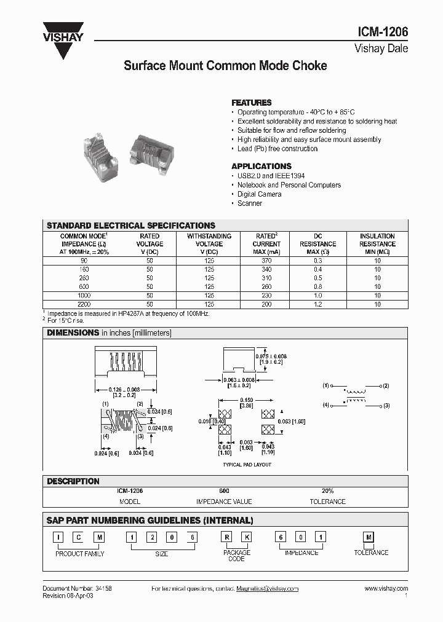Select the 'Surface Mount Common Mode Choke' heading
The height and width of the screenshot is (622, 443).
click(225, 65)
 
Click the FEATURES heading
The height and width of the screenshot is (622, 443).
click(251, 103)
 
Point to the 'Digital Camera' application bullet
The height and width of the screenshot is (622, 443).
click(259, 194)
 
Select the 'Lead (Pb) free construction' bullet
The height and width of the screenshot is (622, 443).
click(277, 149)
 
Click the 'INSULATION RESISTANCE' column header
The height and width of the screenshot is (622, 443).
click(377, 240)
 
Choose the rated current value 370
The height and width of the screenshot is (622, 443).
click(266, 261)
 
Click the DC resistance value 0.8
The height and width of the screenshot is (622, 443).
click(317, 286)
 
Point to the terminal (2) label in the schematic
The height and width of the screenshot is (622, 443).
click(386, 385)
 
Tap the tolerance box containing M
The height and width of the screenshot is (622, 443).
click(369, 537)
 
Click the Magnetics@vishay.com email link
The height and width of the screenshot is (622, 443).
click(267, 588)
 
